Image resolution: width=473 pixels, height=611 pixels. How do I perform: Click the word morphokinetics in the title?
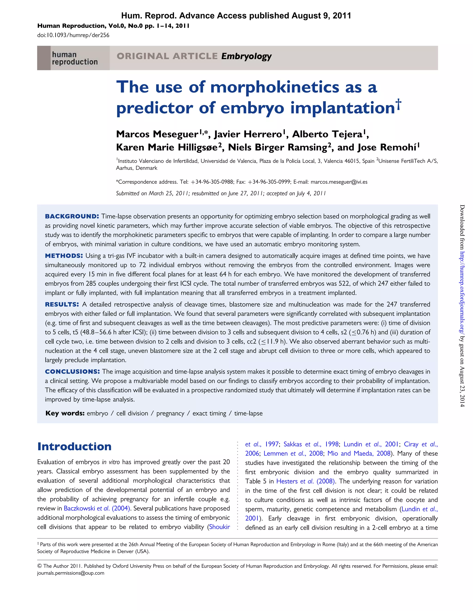[275, 87]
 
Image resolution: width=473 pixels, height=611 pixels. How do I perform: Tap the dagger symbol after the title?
[398, 104]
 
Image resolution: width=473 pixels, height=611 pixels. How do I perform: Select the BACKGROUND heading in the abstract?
[72, 216]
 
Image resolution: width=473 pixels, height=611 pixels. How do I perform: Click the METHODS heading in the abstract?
[64, 256]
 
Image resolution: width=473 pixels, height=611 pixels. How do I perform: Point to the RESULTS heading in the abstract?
[62, 304]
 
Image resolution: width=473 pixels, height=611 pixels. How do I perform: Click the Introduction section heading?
[74, 447]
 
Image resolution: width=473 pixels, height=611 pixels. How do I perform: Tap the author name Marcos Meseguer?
[157, 134]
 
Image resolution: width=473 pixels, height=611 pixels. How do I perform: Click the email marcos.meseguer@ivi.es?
[339, 182]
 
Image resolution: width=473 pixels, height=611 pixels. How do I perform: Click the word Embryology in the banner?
[246, 56]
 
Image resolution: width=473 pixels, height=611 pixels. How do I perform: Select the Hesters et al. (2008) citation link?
[306, 481]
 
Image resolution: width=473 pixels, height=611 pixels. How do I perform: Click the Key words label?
[65, 413]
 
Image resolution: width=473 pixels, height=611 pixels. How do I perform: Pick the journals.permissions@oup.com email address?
[70, 573]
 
